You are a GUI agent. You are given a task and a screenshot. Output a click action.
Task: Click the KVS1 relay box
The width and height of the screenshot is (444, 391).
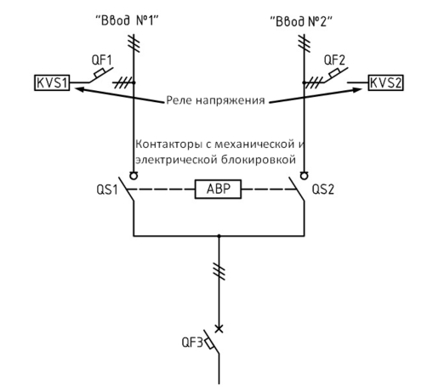(x=52, y=82)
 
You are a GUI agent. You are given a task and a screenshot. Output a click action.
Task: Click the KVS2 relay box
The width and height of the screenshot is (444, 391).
(x=385, y=82)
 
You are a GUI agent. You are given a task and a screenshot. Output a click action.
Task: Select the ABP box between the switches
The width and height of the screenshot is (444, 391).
(x=218, y=189)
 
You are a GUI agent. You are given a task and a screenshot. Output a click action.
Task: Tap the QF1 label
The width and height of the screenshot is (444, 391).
(x=102, y=60)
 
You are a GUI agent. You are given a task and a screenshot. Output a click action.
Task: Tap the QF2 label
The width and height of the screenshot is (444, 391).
(x=334, y=60)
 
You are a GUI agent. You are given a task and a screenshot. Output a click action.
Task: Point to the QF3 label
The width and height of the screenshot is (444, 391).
(x=192, y=343)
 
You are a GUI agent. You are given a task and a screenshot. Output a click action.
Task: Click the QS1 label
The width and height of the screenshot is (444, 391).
(x=107, y=190)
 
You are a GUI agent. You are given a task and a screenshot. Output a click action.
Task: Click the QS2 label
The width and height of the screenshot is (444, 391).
(x=323, y=189)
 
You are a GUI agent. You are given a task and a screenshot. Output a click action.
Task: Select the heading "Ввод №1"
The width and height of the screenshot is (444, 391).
(x=127, y=20)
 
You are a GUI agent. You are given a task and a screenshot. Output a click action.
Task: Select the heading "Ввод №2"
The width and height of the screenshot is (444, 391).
(x=301, y=21)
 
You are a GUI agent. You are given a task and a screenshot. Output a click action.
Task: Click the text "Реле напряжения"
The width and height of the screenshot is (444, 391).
(x=215, y=100)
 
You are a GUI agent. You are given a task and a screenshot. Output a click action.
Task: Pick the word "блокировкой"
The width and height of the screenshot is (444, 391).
(x=259, y=160)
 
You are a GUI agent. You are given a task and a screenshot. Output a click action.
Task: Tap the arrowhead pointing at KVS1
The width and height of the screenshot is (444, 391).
(x=79, y=89)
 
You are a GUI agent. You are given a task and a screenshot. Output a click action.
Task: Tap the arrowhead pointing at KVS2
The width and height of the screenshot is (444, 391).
(x=357, y=90)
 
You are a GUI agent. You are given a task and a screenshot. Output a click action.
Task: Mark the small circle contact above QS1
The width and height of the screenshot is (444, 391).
(x=134, y=176)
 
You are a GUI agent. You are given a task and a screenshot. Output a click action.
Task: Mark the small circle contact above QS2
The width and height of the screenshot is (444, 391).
(x=305, y=176)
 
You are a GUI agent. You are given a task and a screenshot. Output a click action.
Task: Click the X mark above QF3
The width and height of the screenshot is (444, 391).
(x=219, y=329)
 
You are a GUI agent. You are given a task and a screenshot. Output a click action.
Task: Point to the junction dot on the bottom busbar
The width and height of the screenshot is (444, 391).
(x=219, y=235)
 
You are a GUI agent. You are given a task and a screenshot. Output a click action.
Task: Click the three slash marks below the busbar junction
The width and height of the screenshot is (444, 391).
(x=219, y=271)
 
